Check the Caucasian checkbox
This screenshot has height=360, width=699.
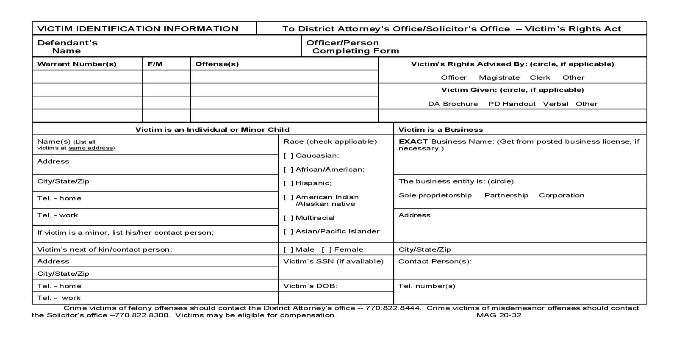(x=288, y=155)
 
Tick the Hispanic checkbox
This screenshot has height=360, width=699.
(x=288, y=183)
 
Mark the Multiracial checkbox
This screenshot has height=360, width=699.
(x=288, y=218)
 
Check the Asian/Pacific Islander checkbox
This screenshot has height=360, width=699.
(x=288, y=231)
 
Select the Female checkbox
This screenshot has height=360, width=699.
(x=327, y=249)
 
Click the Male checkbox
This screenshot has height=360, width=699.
(x=288, y=249)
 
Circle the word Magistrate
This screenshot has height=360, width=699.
(x=499, y=78)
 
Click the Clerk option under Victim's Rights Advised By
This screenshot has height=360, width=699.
(x=540, y=78)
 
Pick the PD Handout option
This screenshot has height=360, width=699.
(x=511, y=104)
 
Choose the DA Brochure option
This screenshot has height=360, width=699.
(x=452, y=104)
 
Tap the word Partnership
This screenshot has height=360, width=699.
(x=506, y=195)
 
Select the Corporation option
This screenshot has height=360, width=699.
(x=561, y=195)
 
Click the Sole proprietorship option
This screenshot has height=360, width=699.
(x=435, y=195)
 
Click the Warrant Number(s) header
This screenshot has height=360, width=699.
(x=77, y=64)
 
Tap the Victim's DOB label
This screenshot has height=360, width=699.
(x=310, y=286)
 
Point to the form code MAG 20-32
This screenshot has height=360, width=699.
(x=499, y=315)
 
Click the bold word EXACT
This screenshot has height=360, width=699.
(x=413, y=141)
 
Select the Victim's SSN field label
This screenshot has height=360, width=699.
(x=333, y=261)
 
